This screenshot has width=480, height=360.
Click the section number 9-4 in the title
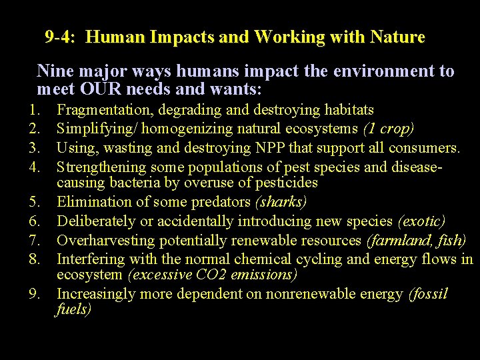tap(59, 37)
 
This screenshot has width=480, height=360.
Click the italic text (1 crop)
tap(389, 128)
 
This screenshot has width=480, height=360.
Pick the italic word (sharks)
tap(283, 201)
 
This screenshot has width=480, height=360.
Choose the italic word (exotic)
tap(421, 220)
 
